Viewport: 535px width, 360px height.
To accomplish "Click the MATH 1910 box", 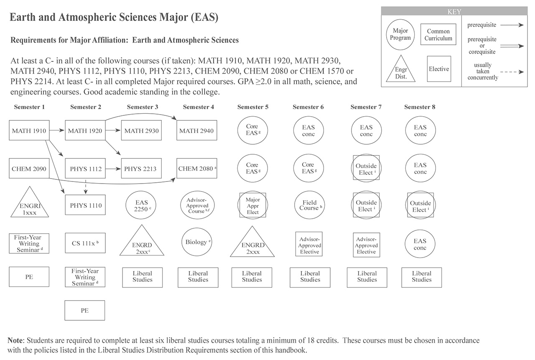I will point(29,130).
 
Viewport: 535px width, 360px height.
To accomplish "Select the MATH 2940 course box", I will point(196,130).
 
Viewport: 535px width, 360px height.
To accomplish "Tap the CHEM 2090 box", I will point(29,169).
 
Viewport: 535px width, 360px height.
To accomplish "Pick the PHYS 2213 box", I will point(140,169).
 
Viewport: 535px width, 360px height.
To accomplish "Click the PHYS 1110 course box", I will point(85,205).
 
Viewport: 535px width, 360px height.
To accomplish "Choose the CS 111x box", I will point(85,243).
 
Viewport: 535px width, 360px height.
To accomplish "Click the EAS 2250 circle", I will point(142,205).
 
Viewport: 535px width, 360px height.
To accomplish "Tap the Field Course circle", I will point(310,205).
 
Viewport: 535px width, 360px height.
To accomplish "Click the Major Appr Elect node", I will point(252,205).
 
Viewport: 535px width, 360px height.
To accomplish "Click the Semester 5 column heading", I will point(253,107).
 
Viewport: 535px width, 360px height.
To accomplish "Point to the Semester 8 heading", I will point(420,107).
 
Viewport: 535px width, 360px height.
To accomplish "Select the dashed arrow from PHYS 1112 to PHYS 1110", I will point(85,186).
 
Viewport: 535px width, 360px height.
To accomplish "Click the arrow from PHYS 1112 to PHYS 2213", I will point(113,169).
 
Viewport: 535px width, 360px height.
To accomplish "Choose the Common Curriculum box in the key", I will point(438,35).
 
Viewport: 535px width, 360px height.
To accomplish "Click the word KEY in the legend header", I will point(454,12).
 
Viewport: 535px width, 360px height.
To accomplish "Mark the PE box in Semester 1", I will point(29,277).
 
